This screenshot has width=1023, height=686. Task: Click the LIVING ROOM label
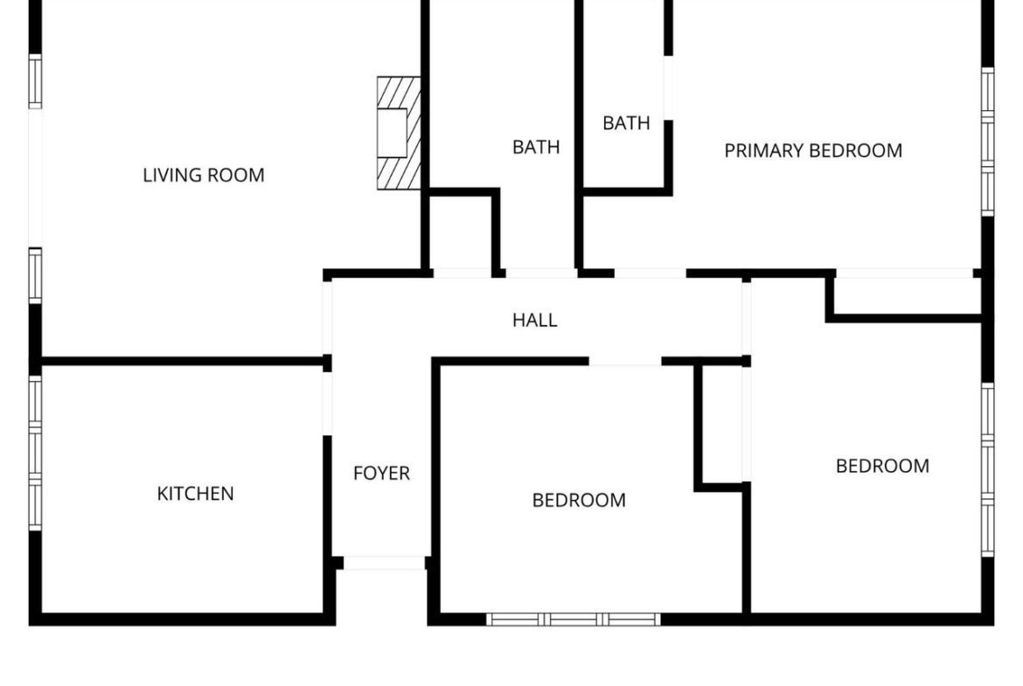[204, 175]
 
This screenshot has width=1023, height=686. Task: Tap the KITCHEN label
[195, 494]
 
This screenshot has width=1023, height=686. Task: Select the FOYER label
[382, 473]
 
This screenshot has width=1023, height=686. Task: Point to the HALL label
[535, 320]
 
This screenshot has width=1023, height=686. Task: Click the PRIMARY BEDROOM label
[813, 150]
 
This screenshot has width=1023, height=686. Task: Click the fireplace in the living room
[399, 133]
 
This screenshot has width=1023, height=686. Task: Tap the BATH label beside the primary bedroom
[626, 122]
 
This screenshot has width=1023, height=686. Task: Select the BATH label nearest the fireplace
[536, 147]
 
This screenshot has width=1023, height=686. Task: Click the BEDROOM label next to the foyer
[580, 500]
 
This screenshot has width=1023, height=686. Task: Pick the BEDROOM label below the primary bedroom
[883, 466]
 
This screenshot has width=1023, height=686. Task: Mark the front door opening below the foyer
[384, 563]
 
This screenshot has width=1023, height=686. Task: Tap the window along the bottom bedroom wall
[574, 620]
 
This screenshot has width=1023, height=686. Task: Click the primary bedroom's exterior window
[988, 142]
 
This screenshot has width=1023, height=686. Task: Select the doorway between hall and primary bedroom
[651, 274]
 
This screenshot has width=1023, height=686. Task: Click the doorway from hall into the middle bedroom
[625, 361]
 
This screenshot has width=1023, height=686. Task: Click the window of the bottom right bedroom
[988, 470]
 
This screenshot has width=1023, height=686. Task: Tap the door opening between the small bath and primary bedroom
[669, 88]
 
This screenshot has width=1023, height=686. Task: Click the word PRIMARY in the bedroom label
[764, 150]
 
